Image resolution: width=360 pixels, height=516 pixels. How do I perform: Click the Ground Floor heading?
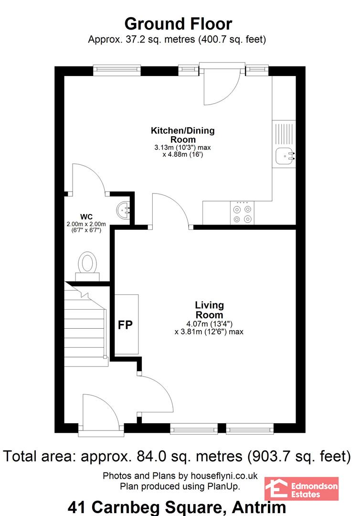tap(178, 24)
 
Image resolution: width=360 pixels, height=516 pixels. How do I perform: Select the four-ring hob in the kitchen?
tap(242, 213)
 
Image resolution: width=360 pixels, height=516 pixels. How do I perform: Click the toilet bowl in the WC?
tap(87, 262)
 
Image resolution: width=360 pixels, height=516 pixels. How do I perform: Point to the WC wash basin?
tap(124, 210)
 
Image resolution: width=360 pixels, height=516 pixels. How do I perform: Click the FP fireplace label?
tap(125, 325)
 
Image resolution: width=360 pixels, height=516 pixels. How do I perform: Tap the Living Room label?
tap(210, 310)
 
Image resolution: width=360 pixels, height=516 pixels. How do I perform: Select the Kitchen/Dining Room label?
tap(183, 135)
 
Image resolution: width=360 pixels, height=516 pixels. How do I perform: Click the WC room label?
tap(86, 217)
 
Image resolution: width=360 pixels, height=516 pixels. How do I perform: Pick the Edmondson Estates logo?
tap(301, 489)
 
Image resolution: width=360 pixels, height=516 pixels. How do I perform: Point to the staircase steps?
tap(86, 325)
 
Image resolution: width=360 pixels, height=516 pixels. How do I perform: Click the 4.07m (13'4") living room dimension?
tap(210, 324)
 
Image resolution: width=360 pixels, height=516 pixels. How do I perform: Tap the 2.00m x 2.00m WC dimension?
tap(86, 224)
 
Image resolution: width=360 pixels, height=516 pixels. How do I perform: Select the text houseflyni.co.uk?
tap(224, 476)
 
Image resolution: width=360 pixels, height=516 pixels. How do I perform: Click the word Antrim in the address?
tap(259, 507)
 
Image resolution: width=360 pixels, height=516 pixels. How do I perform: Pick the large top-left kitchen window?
tap(117, 70)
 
